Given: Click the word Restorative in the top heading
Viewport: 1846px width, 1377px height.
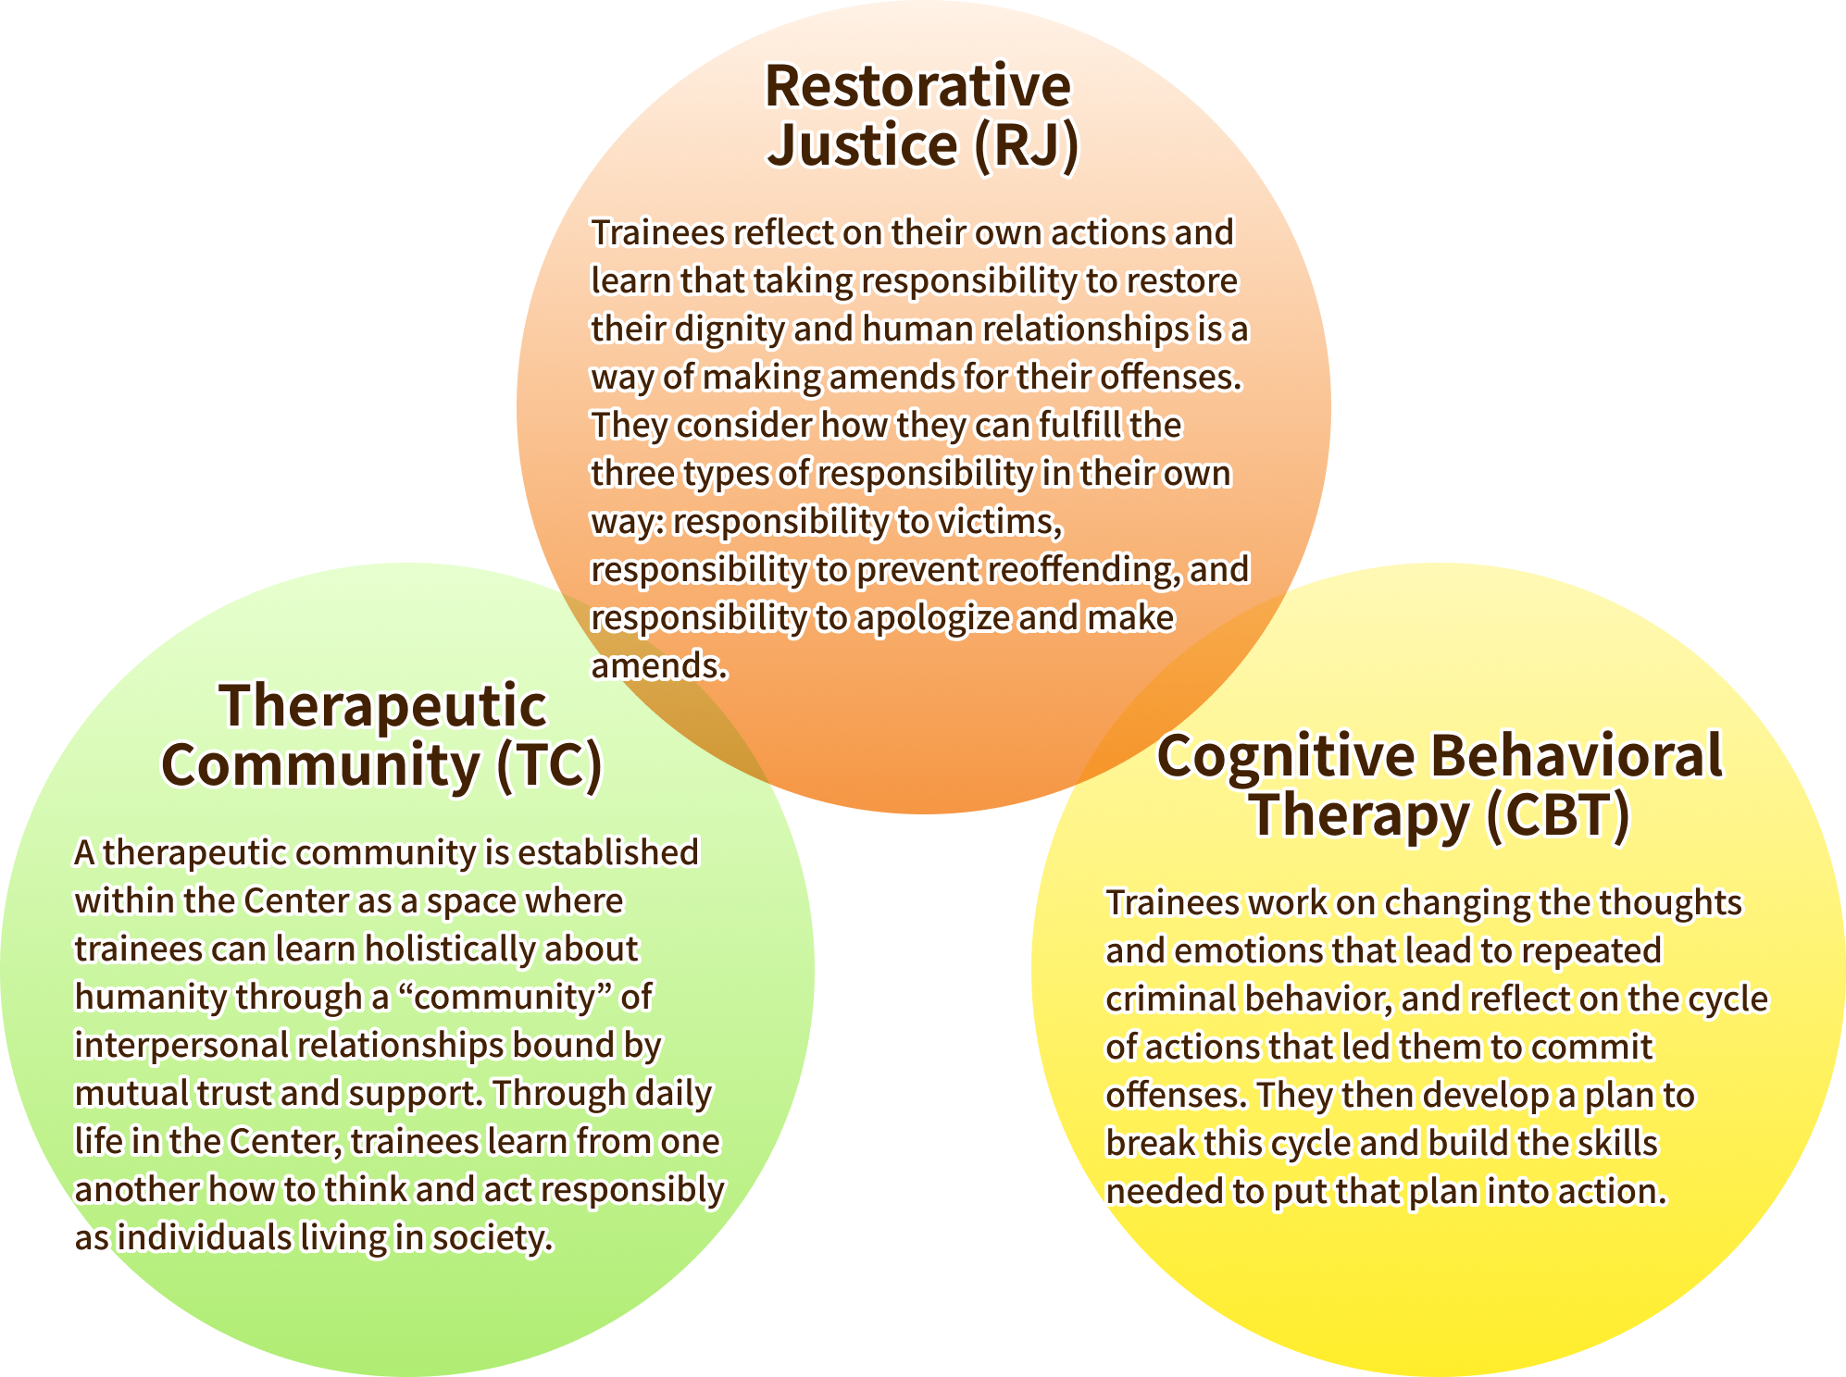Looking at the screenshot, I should (917, 87).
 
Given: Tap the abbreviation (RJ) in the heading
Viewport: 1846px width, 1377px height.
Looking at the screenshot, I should (1026, 145).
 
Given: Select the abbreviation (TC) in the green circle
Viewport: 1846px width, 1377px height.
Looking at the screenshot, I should (549, 765).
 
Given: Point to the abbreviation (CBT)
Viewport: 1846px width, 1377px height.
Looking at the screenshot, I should (1557, 815).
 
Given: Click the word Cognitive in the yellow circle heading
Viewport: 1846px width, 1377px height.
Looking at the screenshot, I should (1286, 756).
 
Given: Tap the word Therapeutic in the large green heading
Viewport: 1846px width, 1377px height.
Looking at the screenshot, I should (383, 706).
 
